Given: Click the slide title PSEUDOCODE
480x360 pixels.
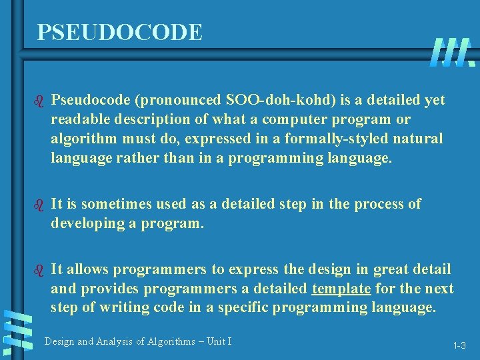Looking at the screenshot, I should [119, 32].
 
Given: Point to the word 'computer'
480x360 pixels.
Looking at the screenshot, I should [293, 119].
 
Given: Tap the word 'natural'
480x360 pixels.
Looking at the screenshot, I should [416, 139].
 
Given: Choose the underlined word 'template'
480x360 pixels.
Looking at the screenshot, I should [341, 288].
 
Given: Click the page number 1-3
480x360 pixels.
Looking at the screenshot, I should [459, 345].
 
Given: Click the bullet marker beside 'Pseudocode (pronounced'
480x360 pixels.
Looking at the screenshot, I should [38, 101].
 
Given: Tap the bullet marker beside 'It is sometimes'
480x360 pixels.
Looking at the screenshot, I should [38, 204].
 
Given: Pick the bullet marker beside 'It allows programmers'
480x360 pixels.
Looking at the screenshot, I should [38, 269].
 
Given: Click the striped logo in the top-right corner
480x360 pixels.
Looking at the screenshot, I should [453, 52].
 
